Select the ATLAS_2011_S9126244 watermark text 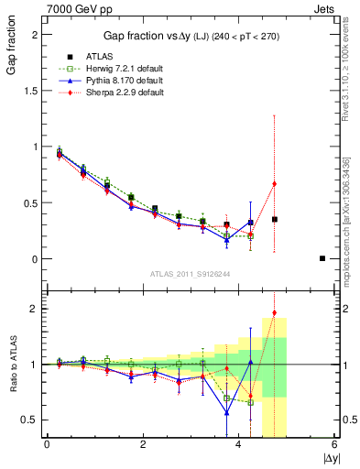(x=190, y=272)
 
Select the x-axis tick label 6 (x=334, y=445)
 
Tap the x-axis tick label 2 (x=142, y=445)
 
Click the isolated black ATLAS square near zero (x=322, y=258)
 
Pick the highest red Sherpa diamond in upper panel (x=275, y=184)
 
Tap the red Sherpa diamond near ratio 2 (x=275, y=313)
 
